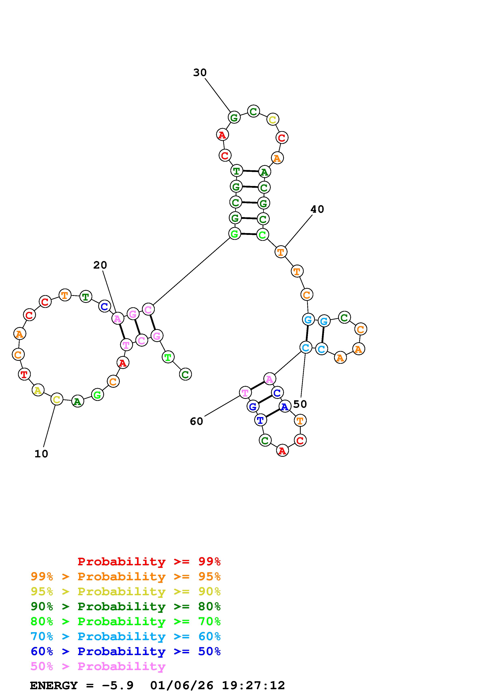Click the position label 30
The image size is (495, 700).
(x=200, y=73)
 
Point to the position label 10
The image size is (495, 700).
(x=41, y=454)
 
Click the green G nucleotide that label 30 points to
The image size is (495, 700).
(x=234, y=117)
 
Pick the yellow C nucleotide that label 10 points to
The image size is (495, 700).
(x=57, y=399)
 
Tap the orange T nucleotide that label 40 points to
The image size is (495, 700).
(x=281, y=252)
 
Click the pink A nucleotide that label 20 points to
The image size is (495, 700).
(x=117, y=319)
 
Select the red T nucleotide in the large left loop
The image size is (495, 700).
(x=24, y=374)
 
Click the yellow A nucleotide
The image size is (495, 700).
(x=38, y=390)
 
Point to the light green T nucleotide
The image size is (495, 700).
(x=168, y=357)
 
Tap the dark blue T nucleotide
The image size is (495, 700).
(x=260, y=420)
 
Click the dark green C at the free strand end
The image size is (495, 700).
(x=185, y=374)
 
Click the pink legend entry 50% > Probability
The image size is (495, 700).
(x=98, y=666)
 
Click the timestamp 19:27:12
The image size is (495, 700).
(x=253, y=686)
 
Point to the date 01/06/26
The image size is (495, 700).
(x=182, y=686)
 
